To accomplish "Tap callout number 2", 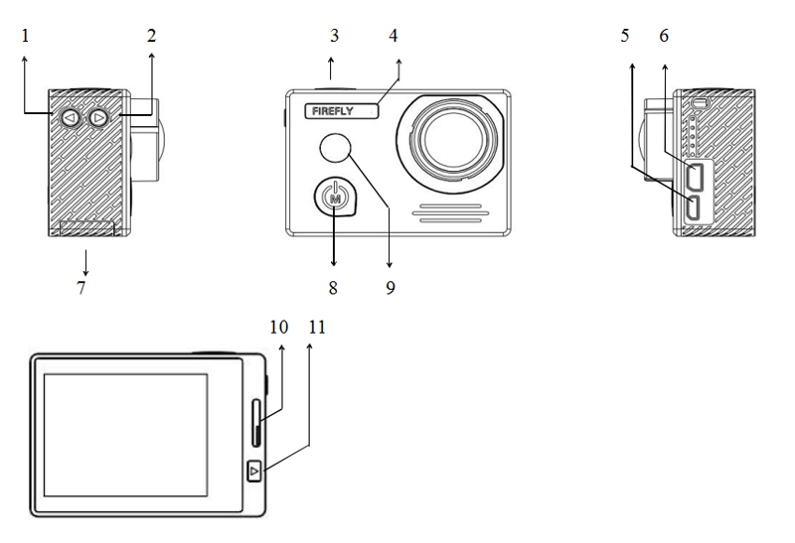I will [150, 37].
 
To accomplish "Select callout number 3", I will [334, 37].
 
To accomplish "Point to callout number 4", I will [394, 37].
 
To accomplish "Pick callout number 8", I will [333, 288].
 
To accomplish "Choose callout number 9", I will [390, 288].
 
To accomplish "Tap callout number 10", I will [278, 327].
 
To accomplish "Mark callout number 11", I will [316, 327].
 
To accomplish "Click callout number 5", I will [624, 37].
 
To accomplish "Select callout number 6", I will [663, 37].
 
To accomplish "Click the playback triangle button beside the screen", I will [254, 471].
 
